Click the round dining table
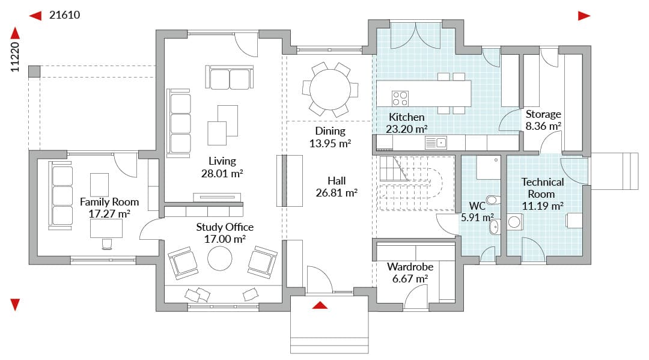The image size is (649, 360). [x=330, y=90]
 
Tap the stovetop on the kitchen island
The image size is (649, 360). [x=400, y=99]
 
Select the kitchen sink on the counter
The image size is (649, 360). [x=436, y=143]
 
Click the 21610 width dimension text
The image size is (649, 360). [x=64, y=15]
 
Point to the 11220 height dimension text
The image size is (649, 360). [x=15, y=57]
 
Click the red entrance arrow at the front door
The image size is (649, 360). [x=320, y=305]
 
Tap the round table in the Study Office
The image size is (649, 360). [x=220, y=258]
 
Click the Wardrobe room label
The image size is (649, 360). [x=410, y=267]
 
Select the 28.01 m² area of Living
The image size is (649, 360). [x=222, y=173]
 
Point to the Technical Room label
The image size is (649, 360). [x=543, y=188]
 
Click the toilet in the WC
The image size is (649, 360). [x=492, y=200]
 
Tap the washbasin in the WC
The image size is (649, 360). [x=494, y=227]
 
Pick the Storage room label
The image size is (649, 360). [x=543, y=114]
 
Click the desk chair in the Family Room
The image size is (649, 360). [x=107, y=244]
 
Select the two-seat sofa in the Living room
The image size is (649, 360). [x=230, y=78]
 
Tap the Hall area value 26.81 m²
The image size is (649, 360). [x=337, y=193]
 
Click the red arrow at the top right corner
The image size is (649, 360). [x=584, y=16]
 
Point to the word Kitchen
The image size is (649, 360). [x=406, y=117]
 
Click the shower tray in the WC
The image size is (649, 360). [x=489, y=167]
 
